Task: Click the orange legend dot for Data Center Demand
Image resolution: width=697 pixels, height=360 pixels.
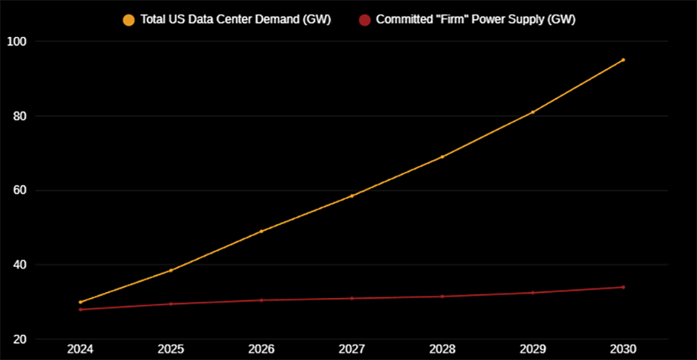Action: tap(128, 19)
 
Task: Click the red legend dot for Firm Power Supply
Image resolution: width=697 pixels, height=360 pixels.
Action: tap(364, 19)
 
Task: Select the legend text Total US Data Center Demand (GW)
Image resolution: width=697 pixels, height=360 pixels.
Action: tap(235, 19)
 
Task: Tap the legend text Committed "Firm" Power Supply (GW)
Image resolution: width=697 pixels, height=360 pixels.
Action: tap(474, 19)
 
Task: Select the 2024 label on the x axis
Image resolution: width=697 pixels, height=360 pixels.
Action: tap(81, 349)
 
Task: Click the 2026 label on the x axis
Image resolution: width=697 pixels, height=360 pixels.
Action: tap(261, 349)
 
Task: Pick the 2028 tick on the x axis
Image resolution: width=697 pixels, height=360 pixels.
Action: tap(442, 349)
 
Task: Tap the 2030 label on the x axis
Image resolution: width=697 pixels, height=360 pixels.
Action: tap(622, 349)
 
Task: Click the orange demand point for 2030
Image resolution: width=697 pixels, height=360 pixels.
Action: tap(623, 60)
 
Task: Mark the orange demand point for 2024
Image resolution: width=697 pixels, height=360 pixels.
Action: tap(81, 302)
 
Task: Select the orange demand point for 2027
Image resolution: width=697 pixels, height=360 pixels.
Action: tap(352, 196)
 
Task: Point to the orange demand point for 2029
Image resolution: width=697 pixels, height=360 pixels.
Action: tap(532, 112)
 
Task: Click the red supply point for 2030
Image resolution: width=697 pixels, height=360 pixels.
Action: tap(623, 287)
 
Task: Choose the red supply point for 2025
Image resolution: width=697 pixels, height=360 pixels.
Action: tap(171, 304)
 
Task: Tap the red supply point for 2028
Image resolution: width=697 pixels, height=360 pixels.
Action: tap(442, 296)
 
